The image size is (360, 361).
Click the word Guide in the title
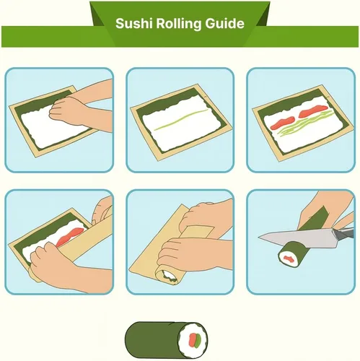224,24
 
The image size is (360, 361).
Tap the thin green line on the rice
181,120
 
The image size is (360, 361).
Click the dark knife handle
344,233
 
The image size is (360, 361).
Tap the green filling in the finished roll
198,340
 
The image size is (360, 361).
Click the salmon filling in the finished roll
192,340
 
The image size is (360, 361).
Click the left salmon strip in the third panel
282,122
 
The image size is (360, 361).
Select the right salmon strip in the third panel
312,111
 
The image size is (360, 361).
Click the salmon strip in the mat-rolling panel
69,238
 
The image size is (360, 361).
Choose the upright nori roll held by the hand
313,219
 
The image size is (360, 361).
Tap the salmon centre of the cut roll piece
289,258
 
